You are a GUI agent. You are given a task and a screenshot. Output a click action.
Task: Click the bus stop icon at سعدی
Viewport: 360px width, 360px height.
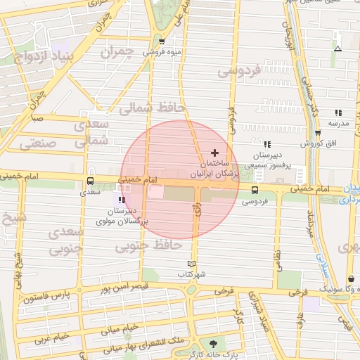(89, 179)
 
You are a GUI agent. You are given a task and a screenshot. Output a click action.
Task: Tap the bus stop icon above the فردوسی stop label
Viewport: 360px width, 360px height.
(255, 189)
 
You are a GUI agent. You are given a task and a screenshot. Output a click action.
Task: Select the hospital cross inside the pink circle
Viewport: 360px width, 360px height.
(214, 153)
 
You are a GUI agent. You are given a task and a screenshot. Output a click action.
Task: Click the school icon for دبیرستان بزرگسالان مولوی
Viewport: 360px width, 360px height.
(122, 200)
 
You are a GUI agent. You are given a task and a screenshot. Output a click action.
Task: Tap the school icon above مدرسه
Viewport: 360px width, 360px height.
(338, 112)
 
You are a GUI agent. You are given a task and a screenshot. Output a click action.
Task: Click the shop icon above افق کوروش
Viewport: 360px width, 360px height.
(318, 132)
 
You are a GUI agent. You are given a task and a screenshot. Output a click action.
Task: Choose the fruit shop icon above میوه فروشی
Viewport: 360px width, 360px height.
(162, 41)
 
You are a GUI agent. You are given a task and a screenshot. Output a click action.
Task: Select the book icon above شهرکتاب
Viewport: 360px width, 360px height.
(184, 264)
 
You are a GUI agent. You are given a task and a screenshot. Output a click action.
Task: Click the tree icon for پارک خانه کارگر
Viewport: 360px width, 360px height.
(214, 344)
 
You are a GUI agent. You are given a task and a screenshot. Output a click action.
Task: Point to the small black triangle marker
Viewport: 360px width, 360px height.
(338, 49)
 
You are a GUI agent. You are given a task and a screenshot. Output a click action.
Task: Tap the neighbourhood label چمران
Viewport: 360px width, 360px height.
(116, 52)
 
